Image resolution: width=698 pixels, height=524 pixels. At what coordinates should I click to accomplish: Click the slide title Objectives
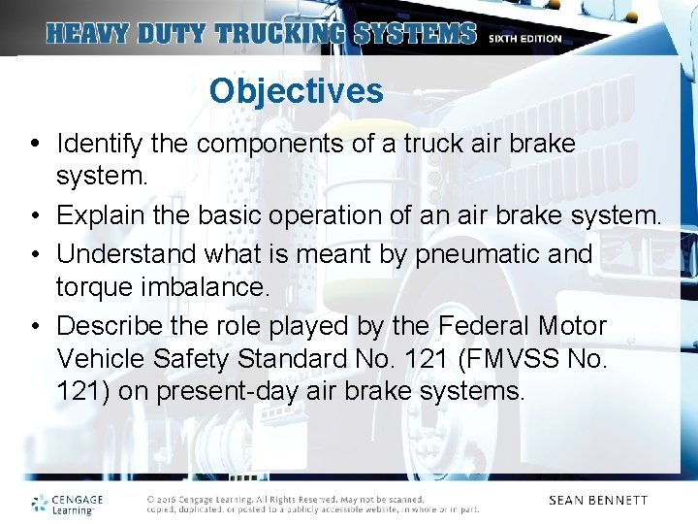pyautogui.click(x=296, y=91)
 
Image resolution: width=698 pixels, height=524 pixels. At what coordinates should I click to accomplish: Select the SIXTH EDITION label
pyautogui.click(x=524, y=39)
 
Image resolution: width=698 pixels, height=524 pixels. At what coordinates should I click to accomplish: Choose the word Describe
pyautogui.click(x=106, y=326)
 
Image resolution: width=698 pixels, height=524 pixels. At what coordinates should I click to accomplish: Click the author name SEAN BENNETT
pyautogui.click(x=598, y=501)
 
